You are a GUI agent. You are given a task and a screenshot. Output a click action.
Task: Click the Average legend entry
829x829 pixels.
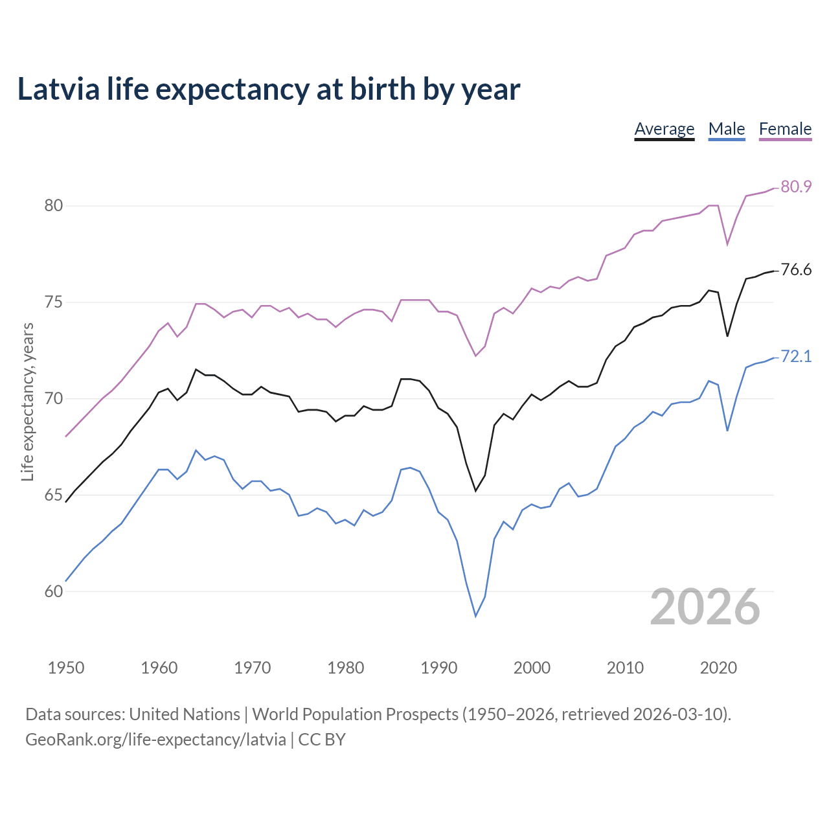click(664, 129)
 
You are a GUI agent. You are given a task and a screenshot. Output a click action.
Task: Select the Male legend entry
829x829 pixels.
click(726, 129)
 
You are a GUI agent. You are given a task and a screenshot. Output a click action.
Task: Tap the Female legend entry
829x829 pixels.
click(785, 129)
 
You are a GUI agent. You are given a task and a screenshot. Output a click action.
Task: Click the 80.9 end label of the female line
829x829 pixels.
click(796, 187)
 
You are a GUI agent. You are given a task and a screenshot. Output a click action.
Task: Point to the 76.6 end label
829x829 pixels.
click(796, 269)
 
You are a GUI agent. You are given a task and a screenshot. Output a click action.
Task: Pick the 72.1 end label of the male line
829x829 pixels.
click(796, 356)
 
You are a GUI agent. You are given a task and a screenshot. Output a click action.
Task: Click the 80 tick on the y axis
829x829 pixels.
click(53, 206)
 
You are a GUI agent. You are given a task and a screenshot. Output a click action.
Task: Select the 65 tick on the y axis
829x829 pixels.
click(53, 495)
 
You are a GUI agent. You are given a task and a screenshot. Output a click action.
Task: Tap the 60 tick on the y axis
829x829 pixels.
click(53, 591)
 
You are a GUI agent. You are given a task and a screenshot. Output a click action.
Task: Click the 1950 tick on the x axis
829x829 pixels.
click(66, 668)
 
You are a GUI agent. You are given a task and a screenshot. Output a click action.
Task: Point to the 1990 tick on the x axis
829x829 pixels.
click(438, 668)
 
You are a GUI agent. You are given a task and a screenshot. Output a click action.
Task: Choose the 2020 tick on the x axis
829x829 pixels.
click(718, 668)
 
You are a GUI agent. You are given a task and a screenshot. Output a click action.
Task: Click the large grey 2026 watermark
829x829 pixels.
click(705, 607)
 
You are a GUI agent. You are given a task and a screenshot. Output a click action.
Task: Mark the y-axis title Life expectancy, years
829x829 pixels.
click(27, 402)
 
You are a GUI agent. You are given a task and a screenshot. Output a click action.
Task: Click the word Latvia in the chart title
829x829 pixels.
click(58, 89)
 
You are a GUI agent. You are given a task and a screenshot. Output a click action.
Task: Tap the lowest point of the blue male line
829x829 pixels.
click(475, 616)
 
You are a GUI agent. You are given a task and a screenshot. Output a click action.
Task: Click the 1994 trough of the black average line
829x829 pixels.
click(475, 491)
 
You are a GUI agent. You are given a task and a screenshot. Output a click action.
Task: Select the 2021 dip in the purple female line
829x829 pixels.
click(727, 244)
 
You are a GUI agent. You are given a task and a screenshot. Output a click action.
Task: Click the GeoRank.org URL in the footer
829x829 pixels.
click(155, 740)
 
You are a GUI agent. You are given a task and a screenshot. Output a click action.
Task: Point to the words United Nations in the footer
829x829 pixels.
click(185, 714)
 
